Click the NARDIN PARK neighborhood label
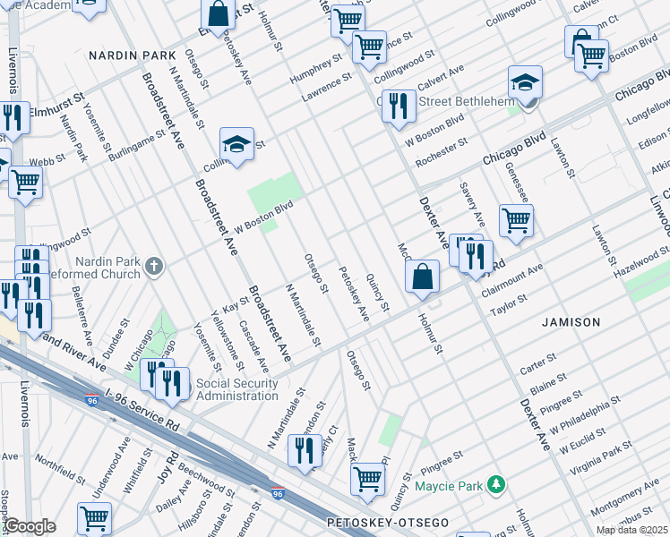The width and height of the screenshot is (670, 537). click(133, 55)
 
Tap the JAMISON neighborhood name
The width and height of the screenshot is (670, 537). click(570, 321)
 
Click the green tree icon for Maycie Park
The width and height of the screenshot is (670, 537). click(494, 486)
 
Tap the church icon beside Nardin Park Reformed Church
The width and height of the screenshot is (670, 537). click(154, 265)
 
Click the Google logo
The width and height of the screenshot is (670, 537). click(30, 526)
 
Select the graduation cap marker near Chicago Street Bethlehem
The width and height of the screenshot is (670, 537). click(525, 84)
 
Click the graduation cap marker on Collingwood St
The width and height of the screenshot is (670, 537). click(236, 145)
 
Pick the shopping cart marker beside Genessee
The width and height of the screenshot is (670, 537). click(516, 219)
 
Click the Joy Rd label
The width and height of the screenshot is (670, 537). click(167, 467)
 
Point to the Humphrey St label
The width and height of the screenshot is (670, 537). click(316, 69)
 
